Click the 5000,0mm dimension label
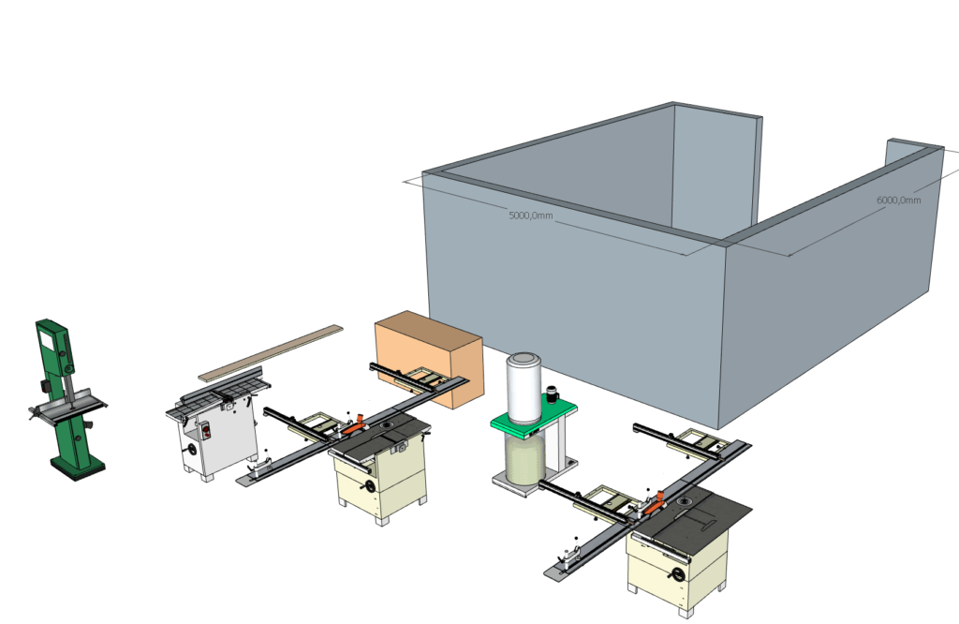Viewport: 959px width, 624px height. pyautogui.click(x=531, y=215)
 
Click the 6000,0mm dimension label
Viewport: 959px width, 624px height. pyautogui.click(x=898, y=200)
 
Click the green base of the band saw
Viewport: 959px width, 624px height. pyautogui.click(x=77, y=464)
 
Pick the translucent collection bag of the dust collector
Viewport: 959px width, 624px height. pyautogui.click(x=524, y=459)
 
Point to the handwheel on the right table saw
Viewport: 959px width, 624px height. pyautogui.click(x=675, y=574)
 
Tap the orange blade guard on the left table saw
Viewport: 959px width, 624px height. pyautogui.click(x=356, y=423)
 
